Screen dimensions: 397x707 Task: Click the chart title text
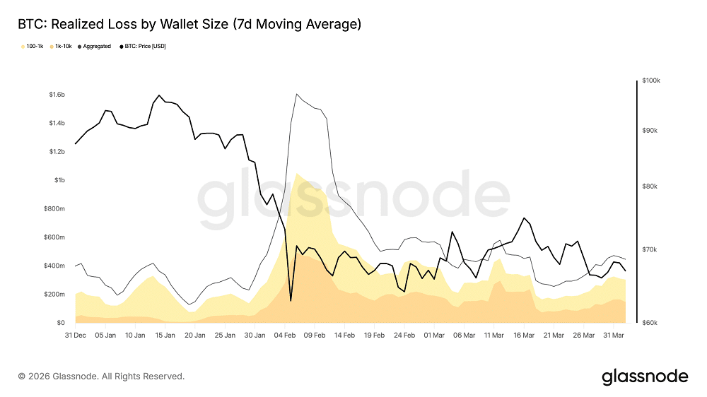pos(189,25)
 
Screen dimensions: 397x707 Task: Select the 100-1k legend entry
pos(33,47)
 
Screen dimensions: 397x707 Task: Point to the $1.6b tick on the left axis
pos(57,95)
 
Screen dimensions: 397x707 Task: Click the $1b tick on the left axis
pos(60,180)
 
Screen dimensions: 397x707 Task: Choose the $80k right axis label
pos(649,186)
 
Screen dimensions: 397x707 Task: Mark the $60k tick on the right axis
pos(649,323)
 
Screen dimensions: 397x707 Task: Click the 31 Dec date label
pos(76,335)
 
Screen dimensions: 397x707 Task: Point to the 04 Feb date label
pos(284,335)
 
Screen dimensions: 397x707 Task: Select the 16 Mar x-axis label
pos(524,335)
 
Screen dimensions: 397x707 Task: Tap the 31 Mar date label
pos(614,335)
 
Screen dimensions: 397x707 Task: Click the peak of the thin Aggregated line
pos(297,94)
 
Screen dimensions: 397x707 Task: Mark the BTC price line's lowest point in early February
pos(291,301)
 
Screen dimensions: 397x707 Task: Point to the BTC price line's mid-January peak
pos(159,95)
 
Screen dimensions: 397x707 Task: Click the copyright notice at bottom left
pos(101,377)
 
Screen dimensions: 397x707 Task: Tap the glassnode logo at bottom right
pos(645,377)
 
